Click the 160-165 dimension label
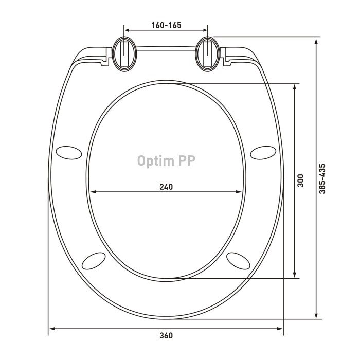point(166,25)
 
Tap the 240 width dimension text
point(166,187)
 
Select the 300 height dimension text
point(301,181)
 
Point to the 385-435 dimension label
point(322,178)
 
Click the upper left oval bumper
point(68,152)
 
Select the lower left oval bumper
point(95,260)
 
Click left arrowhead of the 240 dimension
point(94,192)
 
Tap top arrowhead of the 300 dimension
point(294,87)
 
